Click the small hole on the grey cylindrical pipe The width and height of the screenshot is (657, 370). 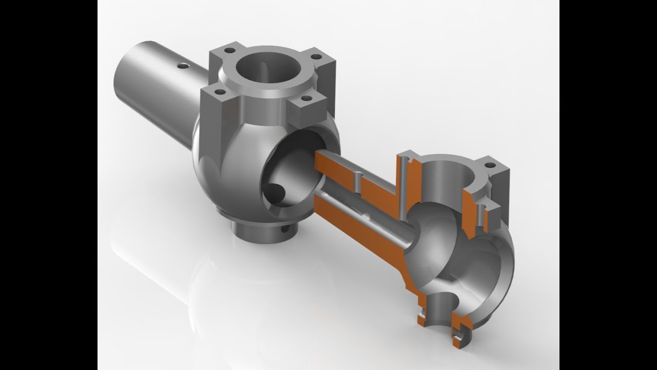[182, 66]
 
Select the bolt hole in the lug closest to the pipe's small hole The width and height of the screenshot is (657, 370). [229, 50]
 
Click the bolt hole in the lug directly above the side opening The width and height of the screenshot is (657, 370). [306, 98]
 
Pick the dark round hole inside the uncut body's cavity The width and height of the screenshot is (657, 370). [277, 193]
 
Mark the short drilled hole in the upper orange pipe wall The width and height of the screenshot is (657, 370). [356, 180]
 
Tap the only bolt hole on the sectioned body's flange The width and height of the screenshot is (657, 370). [490, 165]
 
